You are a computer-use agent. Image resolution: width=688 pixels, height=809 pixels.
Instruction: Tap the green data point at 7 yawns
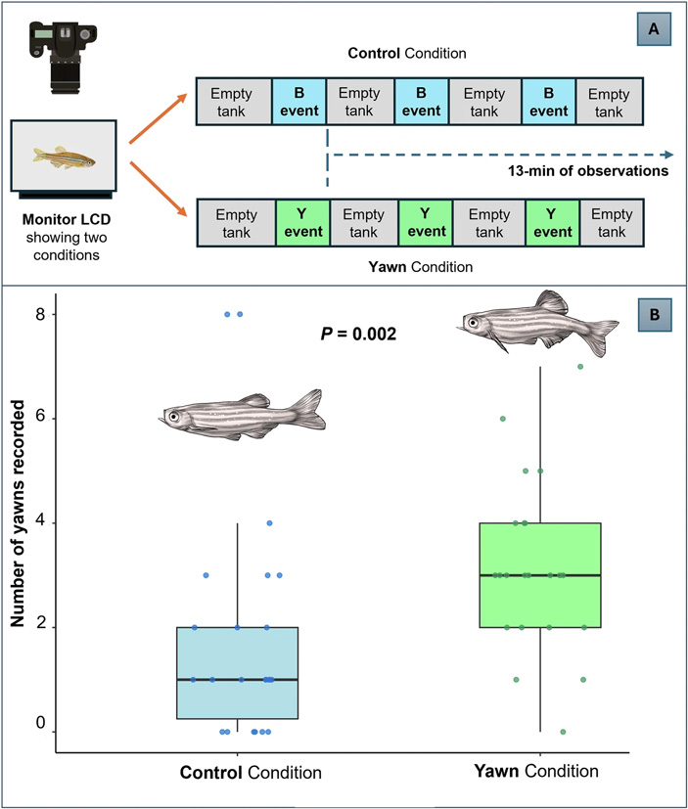pyautogui.click(x=580, y=367)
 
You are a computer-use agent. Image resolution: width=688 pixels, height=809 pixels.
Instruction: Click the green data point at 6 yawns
pyautogui.click(x=503, y=419)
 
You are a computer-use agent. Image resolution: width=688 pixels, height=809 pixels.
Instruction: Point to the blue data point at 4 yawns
pyautogui.click(x=269, y=523)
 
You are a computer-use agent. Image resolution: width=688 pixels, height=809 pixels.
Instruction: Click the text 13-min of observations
pyautogui.click(x=593, y=170)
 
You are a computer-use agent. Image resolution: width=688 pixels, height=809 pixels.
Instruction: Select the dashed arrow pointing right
pyautogui.click(x=499, y=155)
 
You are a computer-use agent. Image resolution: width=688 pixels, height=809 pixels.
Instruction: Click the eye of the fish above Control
pyautogui.click(x=174, y=417)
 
